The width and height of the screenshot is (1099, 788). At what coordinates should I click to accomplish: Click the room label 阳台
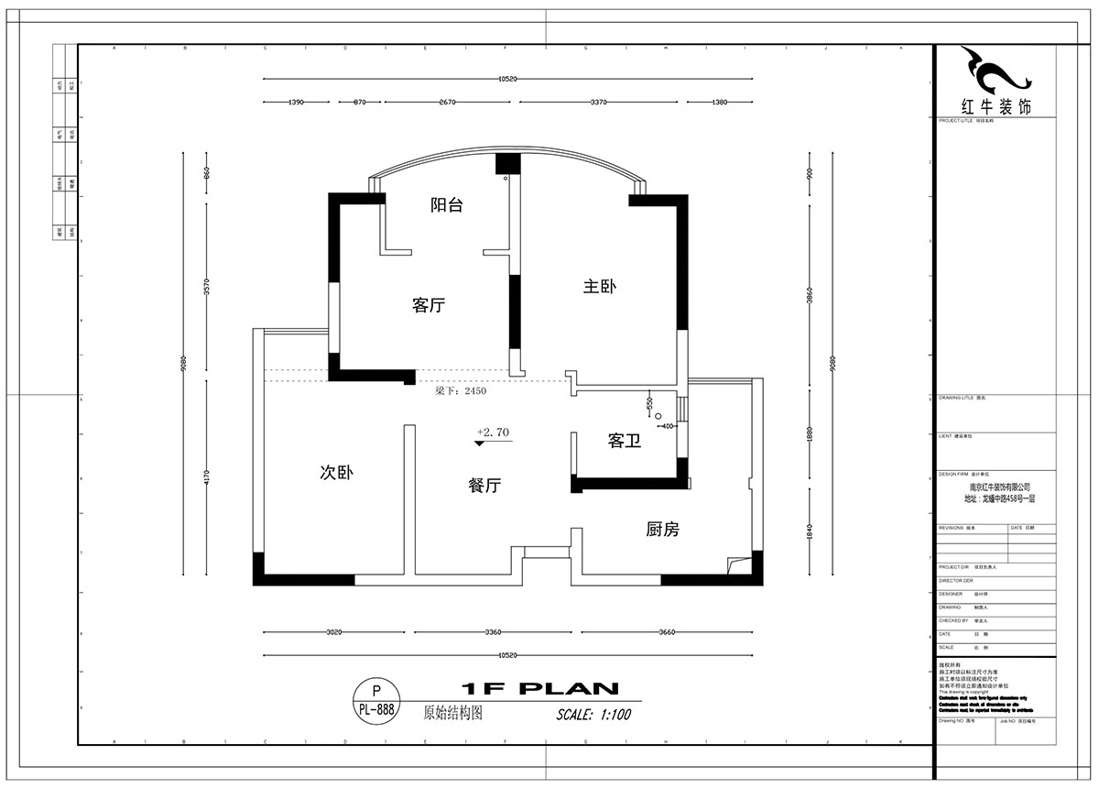(447, 205)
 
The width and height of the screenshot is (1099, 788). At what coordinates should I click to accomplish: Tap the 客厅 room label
(428, 306)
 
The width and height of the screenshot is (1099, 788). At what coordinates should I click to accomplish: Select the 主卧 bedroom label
(600, 287)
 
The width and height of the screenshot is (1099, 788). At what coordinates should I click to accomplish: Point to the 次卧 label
(336, 473)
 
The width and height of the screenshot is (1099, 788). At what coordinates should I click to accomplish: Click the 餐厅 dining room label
(484, 487)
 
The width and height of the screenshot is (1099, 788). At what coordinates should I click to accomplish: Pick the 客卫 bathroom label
(624, 442)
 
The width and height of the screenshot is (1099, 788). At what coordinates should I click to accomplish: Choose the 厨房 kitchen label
(662, 529)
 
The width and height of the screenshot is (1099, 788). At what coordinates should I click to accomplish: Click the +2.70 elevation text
(493, 431)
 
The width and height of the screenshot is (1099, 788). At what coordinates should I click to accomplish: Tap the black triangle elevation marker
(480, 443)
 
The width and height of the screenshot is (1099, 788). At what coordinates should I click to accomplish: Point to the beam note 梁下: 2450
(461, 390)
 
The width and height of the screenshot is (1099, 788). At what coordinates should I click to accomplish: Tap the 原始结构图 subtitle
(452, 711)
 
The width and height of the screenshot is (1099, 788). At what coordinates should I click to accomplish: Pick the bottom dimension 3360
(494, 632)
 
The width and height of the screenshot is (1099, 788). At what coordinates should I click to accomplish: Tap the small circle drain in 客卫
(658, 414)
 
